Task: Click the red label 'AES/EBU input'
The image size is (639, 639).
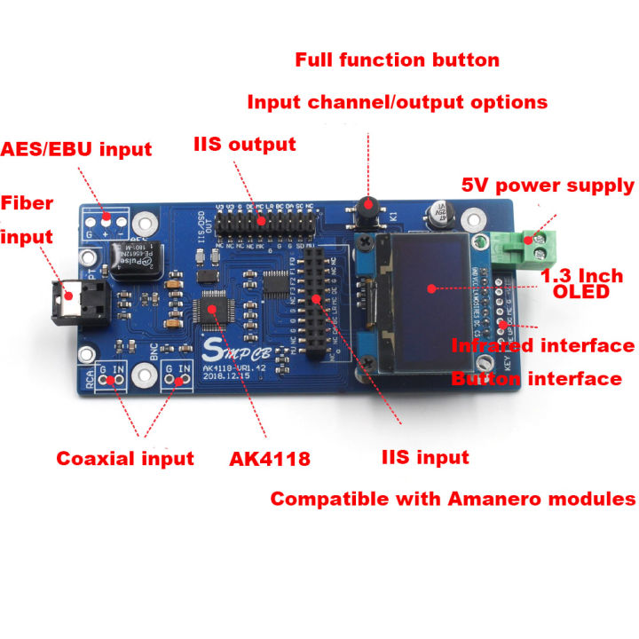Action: pyautogui.click(x=76, y=148)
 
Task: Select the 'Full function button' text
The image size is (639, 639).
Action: pyautogui.click(x=397, y=60)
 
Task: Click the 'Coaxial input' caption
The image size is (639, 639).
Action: pyautogui.click(x=125, y=459)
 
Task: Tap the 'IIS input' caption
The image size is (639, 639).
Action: pyautogui.click(x=425, y=458)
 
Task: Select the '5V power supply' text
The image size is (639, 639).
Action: pyautogui.click(x=548, y=185)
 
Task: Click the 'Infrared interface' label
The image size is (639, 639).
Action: pyautogui.click(x=543, y=346)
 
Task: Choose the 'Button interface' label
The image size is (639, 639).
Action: pyautogui.click(x=536, y=379)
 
